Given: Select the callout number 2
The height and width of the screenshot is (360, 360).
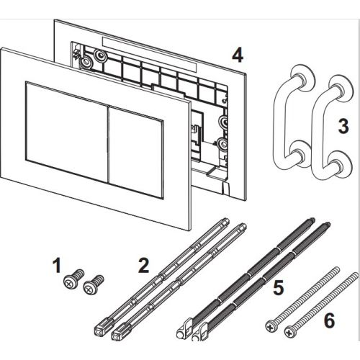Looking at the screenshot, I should point(143,266).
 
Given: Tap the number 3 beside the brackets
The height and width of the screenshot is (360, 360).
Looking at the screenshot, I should point(343,130).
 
